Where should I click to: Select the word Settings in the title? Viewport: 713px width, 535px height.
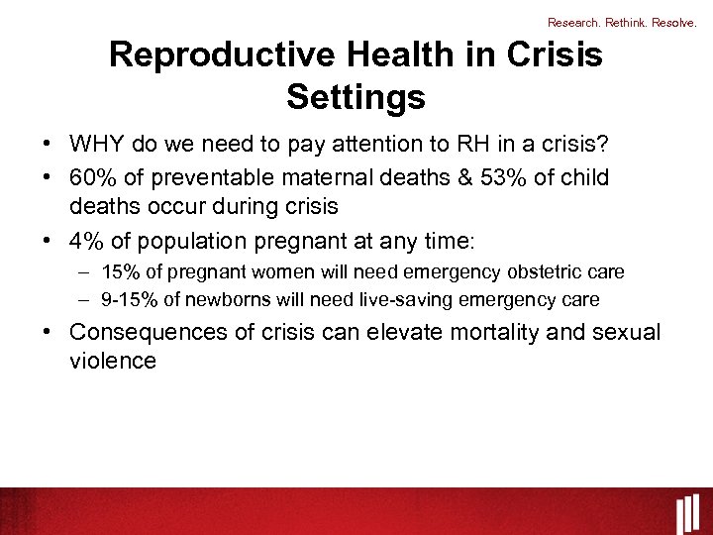pos(356,97)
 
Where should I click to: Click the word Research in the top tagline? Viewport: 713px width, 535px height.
pos(572,21)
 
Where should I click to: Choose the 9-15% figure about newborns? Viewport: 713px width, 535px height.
pos(126,299)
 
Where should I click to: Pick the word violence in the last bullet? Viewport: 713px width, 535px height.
pos(113,361)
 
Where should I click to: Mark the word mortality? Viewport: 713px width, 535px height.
pos(491,332)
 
